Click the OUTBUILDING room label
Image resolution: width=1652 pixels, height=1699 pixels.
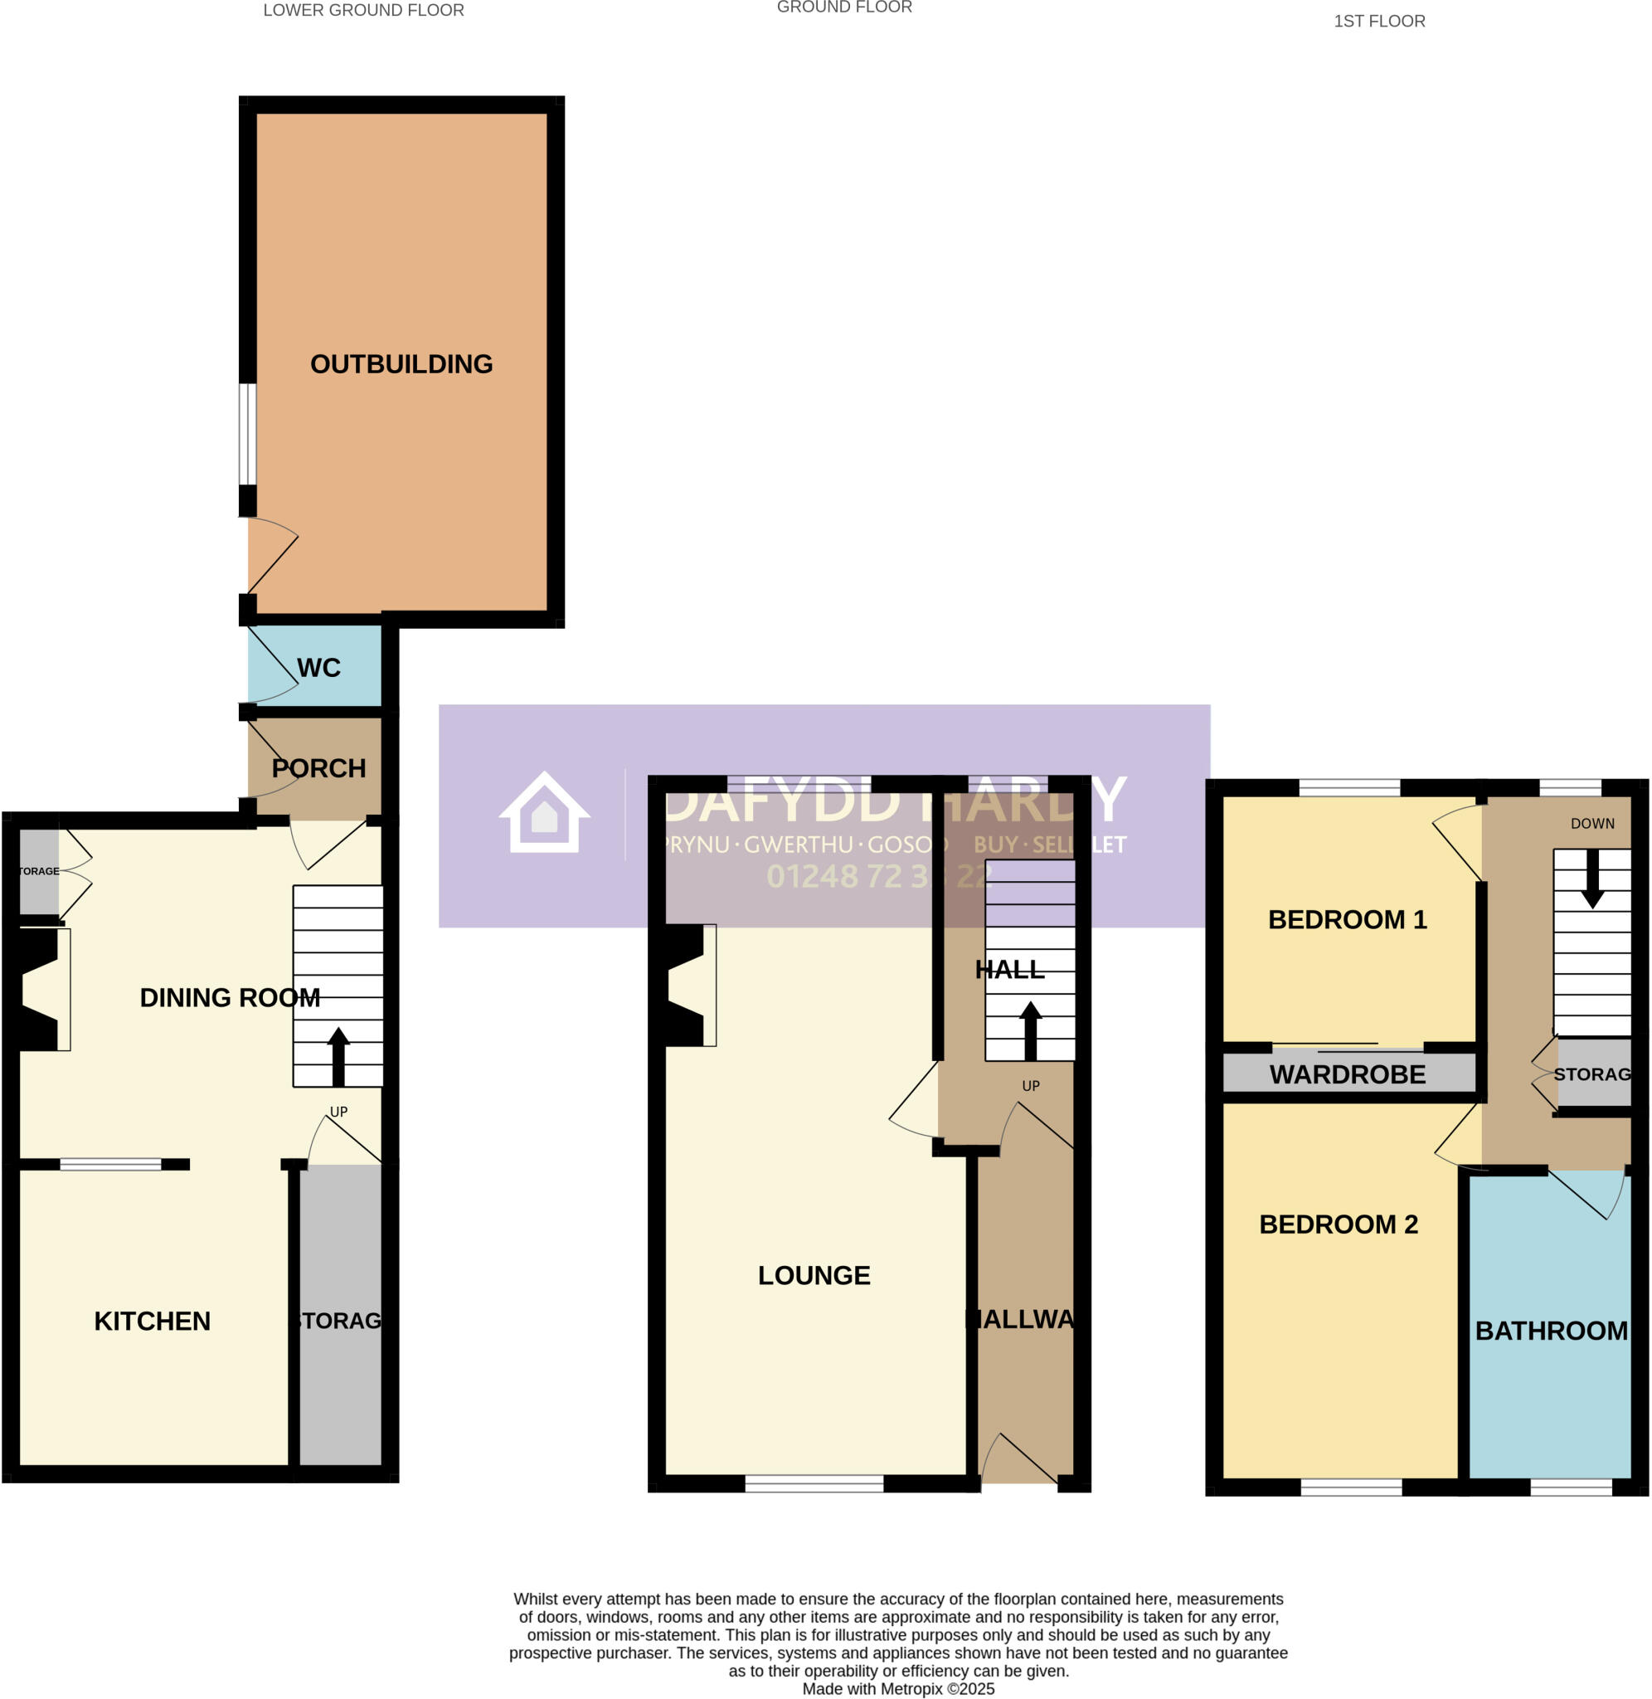401,363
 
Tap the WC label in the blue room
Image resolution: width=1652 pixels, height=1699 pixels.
318,667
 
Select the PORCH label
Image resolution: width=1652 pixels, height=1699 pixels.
318,768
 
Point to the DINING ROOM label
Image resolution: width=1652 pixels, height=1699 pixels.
230,997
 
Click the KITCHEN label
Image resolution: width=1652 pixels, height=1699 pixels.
152,1321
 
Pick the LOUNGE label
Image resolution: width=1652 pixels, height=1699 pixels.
814,1275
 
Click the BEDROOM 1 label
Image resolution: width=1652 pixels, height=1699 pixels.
1347,919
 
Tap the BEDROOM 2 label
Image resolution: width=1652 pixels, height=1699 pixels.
1338,1224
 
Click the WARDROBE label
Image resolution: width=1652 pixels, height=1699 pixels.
1347,1074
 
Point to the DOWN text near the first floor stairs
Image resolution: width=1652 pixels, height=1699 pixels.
1592,824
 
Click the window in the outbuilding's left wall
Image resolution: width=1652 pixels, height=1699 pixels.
248,434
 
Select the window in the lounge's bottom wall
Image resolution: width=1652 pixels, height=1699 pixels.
814,1483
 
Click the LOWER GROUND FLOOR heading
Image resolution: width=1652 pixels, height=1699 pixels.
363,11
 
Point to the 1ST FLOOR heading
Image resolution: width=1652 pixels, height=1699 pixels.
1378,21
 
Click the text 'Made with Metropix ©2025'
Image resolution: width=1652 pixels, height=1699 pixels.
898,1688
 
